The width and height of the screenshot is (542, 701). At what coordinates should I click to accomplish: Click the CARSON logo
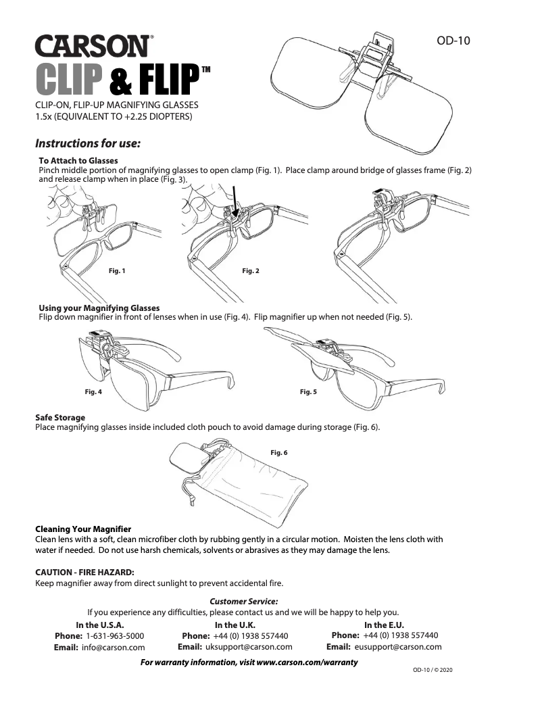pos(95,46)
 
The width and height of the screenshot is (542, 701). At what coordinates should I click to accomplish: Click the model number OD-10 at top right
pos(453,41)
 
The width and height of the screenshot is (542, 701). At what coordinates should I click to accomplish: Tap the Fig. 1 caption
pos(117,271)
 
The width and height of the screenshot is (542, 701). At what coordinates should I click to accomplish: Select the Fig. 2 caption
pos(251,271)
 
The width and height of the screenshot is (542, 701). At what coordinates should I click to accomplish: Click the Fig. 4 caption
pos(93,392)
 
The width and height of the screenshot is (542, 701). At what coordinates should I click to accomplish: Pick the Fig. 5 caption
pos(308,392)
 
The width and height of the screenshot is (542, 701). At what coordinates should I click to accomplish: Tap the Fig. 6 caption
pos(279,453)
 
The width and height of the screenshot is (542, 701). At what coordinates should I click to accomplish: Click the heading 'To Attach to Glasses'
pos(78,160)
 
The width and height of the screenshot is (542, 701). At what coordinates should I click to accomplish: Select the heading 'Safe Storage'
pos(60,418)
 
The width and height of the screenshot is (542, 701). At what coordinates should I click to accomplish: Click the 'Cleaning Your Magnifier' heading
pos(83,529)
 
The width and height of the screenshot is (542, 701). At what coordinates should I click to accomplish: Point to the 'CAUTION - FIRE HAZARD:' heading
pos(85,573)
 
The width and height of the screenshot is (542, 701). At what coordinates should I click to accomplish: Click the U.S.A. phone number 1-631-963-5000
pos(115,635)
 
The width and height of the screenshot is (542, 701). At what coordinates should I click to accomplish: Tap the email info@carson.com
pos(113,648)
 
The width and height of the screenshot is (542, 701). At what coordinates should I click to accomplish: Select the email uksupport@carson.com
pos(249,647)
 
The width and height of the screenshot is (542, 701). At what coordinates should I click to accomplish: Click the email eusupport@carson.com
pos(398,647)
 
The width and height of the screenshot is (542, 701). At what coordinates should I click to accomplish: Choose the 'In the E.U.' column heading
pos(384,625)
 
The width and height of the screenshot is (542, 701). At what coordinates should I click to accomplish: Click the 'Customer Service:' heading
pos(244,602)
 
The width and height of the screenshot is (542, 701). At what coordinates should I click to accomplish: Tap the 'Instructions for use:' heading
pos(88,143)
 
